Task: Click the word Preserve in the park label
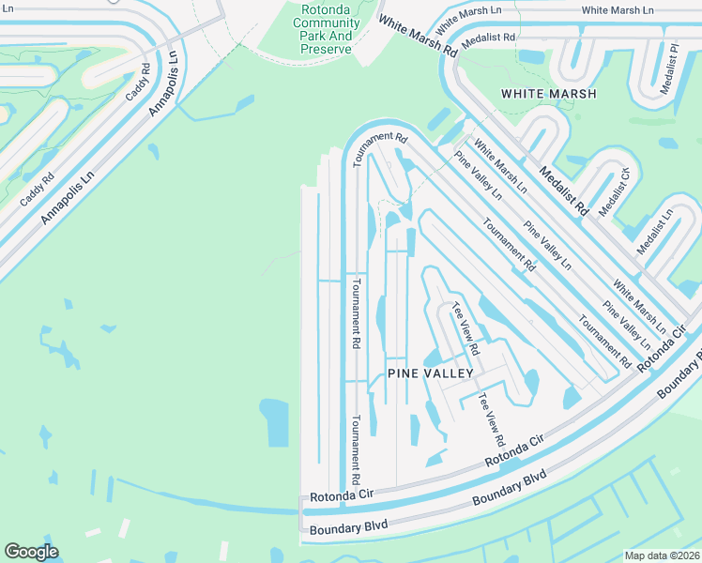327,49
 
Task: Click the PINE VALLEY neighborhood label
431,373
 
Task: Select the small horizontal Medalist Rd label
496,38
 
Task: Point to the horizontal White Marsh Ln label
617,10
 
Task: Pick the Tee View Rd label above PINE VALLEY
465,328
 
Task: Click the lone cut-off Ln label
6,8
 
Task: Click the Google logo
31,552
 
